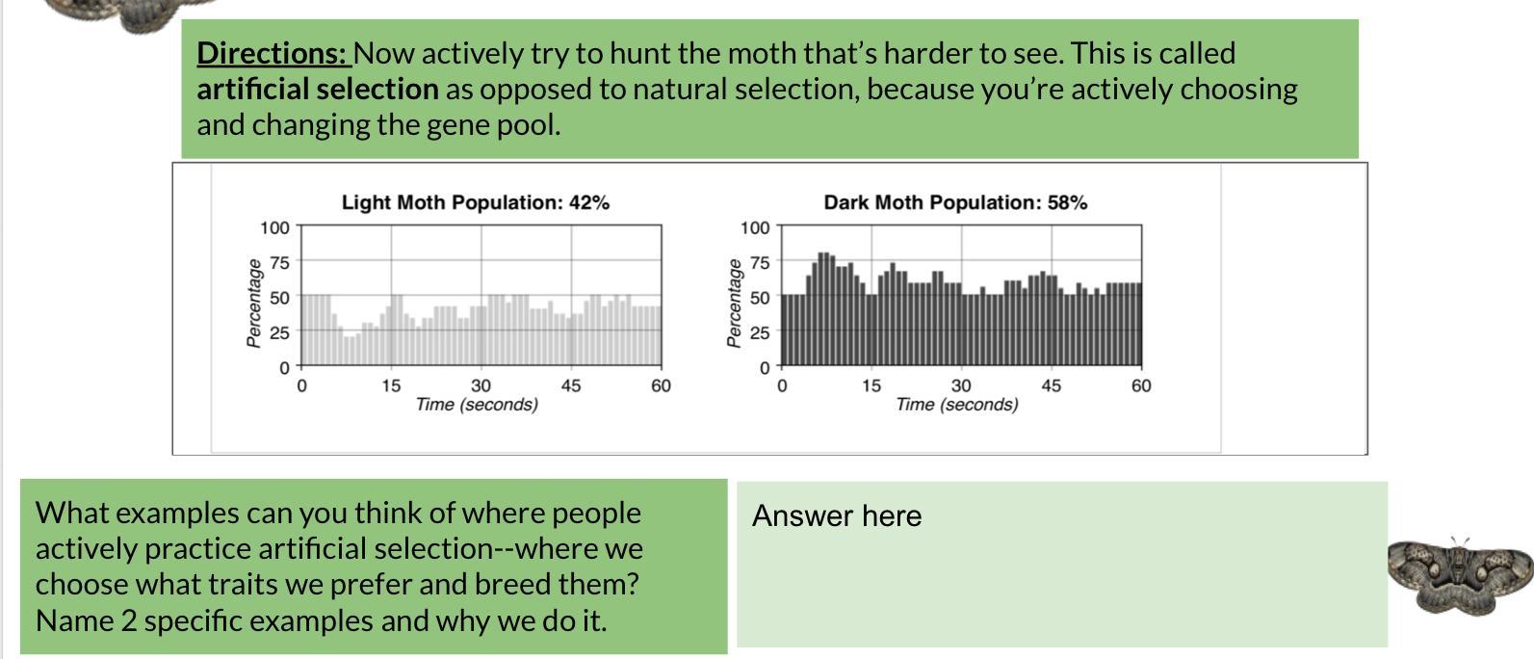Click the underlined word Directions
tap(273, 53)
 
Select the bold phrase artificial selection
tap(318, 89)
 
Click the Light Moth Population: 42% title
tap(476, 202)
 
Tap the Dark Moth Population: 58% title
tap(955, 202)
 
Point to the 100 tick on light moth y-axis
tap(274, 227)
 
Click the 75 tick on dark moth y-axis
tap(760, 262)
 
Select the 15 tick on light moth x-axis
tap(391, 385)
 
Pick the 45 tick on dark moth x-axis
tap(1052, 385)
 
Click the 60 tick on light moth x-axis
tap(661, 385)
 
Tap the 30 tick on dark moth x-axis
tap(961, 385)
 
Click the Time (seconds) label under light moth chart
tap(477, 405)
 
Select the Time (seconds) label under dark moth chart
tap(956, 405)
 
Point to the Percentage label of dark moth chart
tap(734, 303)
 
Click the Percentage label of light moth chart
tap(253, 303)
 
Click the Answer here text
tap(837, 515)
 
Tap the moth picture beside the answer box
tap(1460, 575)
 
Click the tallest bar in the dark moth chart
tap(822, 309)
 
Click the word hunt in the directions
tap(640, 53)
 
